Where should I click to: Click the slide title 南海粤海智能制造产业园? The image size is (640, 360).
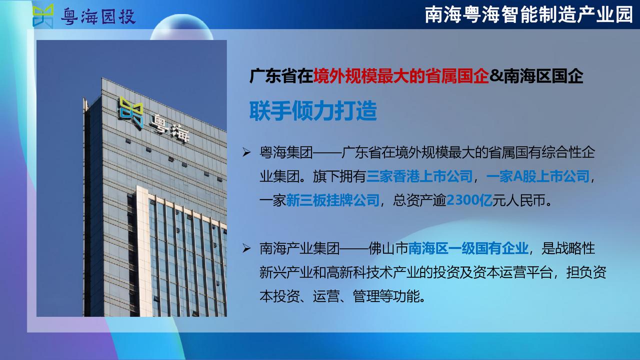point(529,15)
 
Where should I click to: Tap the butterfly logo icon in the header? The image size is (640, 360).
point(43,16)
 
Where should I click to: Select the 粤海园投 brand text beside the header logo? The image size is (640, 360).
point(98,16)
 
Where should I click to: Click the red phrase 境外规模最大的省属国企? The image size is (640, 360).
point(401,76)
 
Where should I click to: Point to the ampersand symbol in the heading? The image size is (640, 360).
point(496,76)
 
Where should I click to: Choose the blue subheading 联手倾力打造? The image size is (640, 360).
point(313,110)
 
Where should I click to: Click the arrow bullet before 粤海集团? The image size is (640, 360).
point(246,153)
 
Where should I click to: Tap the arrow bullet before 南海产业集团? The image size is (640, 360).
point(246,248)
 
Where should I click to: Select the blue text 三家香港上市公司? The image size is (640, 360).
point(419,176)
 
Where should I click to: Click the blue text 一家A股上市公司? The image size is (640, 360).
point(537,176)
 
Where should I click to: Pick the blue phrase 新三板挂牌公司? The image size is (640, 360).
point(332,200)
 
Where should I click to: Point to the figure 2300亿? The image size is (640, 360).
point(469,200)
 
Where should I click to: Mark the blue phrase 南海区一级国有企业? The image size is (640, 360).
point(468,248)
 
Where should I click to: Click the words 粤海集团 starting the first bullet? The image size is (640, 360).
point(286,152)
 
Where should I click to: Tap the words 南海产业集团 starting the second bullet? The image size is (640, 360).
point(299,248)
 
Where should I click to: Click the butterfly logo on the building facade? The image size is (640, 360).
point(131,112)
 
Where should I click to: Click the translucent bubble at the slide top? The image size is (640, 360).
point(181,27)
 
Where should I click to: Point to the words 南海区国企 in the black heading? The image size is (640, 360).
point(543,76)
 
